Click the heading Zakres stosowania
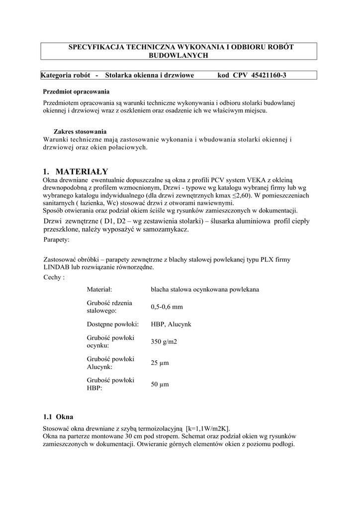(80, 132)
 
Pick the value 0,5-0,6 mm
(167, 307)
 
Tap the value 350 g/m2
(164, 341)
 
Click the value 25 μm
(160, 363)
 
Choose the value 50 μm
(160, 384)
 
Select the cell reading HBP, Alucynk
(171, 324)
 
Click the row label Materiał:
(99, 289)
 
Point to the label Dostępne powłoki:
(113, 324)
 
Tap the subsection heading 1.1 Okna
(59, 416)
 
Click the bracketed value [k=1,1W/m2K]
(208, 428)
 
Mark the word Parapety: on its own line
(57, 240)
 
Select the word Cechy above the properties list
(53, 277)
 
